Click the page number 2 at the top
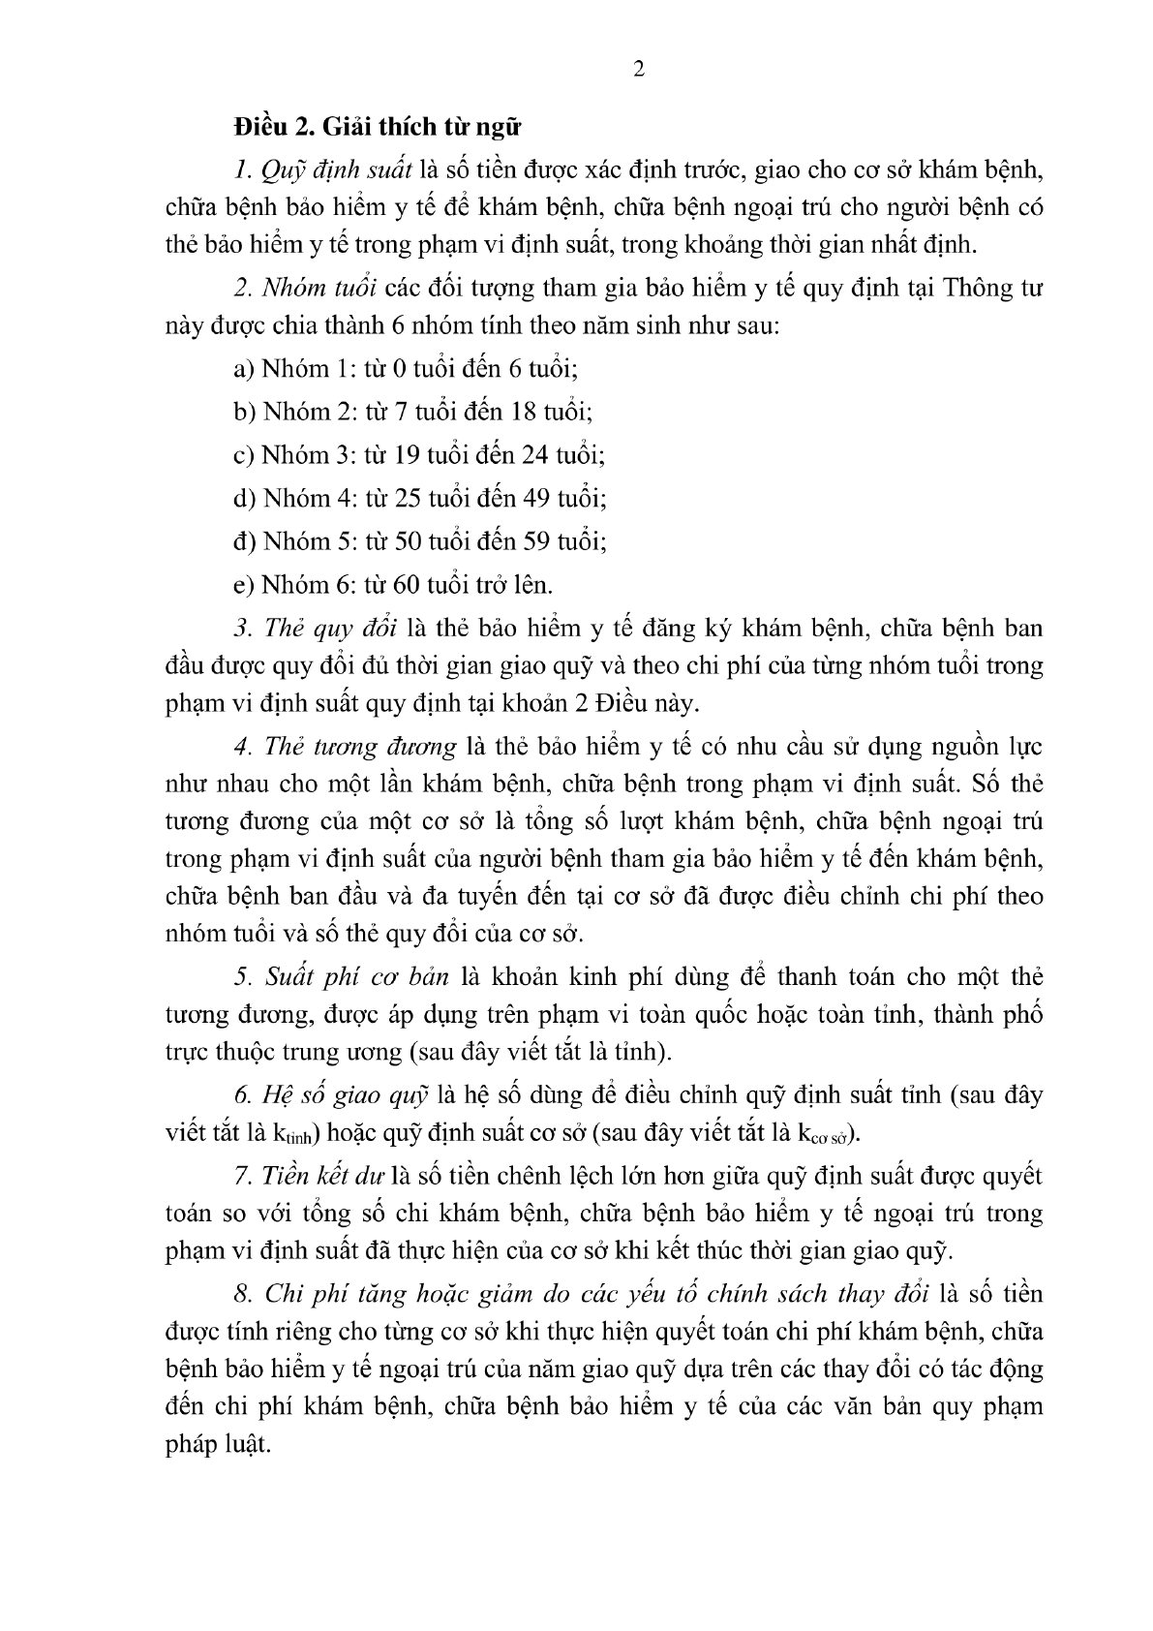coord(638,69)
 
